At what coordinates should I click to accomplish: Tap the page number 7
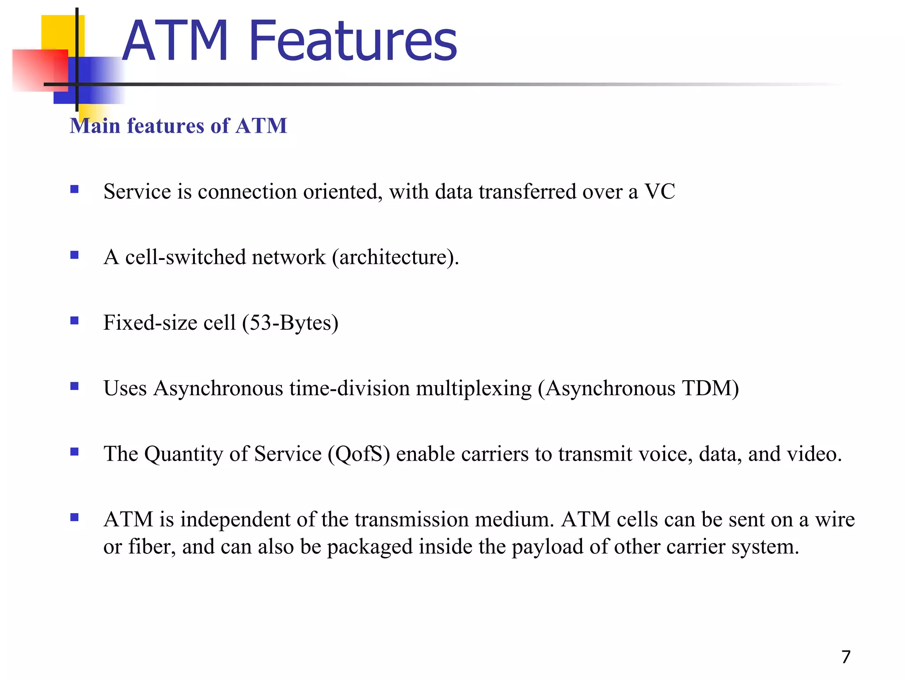tap(846, 657)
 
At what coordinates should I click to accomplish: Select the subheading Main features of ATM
tap(179, 126)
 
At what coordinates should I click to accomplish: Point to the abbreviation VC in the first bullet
tap(659, 192)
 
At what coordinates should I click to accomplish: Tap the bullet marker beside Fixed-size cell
tap(74, 320)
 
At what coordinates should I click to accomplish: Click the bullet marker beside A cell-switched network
tap(74, 255)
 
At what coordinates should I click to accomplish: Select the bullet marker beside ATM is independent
tap(74, 517)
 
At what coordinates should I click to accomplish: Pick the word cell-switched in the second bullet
tap(185, 257)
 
